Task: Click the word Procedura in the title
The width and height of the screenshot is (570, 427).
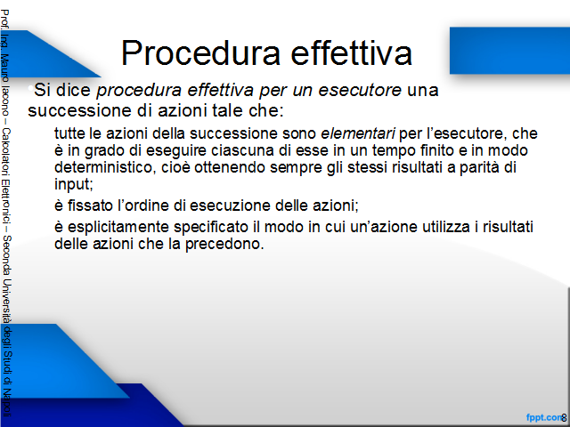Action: tap(200, 53)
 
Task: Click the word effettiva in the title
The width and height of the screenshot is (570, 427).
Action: tap(352, 52)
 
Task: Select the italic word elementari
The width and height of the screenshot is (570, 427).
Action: tap(358, 133)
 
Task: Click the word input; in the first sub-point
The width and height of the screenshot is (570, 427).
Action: tap(74, 184)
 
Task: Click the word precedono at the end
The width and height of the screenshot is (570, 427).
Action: tap(224, 244)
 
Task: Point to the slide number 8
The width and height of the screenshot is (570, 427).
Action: tap(564, 418)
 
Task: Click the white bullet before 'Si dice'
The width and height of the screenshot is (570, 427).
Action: tap(30, 87)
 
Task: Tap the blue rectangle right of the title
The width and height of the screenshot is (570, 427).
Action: tap(509, 51)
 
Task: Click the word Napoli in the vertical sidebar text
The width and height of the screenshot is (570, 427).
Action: tap(7, 403)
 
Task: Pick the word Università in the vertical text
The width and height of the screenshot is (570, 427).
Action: tap(7, 301)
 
